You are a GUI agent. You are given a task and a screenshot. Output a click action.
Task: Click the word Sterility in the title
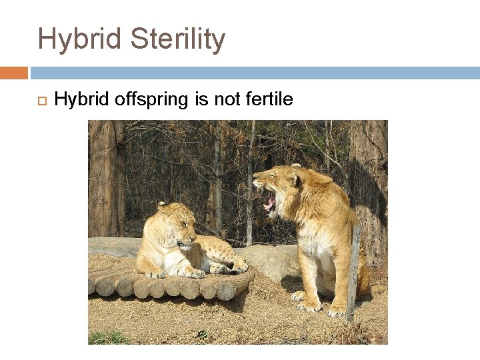(178, 39)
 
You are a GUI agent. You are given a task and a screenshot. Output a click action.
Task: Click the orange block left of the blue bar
(13, 73)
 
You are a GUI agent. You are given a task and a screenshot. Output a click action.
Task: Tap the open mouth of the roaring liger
(269, 202)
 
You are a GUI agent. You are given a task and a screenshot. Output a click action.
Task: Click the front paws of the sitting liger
(313, 305)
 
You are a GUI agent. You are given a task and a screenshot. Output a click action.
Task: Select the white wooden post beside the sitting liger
(353, 273)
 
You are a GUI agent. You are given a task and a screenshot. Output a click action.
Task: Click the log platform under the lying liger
(167, 287)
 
